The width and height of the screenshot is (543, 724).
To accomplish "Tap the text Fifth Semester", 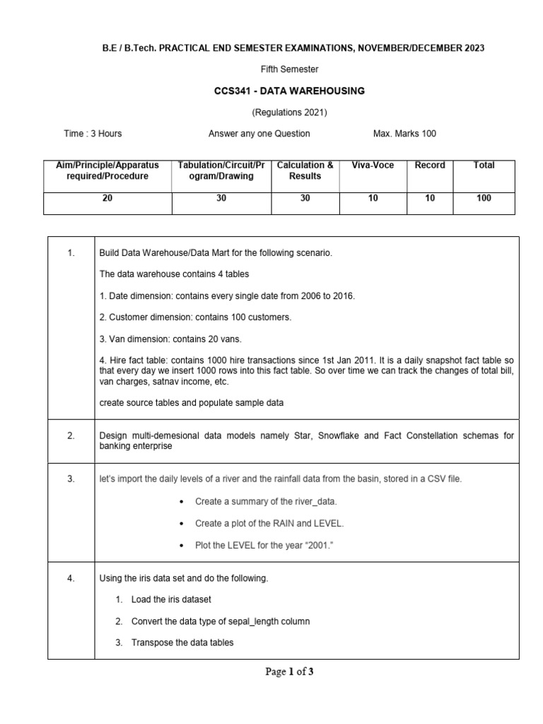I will tap(290, 69).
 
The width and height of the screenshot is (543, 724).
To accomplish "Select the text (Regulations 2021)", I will tap(290, 112).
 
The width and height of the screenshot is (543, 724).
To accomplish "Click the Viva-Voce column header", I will tap(373, 165).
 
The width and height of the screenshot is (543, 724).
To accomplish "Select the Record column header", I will tap(430, 165).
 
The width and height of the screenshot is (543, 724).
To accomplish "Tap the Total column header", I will tap(484, 165).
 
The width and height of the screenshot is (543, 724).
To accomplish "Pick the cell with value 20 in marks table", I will tap(107, 199).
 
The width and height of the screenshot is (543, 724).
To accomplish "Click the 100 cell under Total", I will tap(484, 199).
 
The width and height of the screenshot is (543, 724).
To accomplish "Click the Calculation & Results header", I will tap(305, 170).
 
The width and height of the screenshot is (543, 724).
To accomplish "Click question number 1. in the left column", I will tap(71, 252).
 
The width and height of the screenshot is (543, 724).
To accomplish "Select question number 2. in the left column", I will tap(71, 436).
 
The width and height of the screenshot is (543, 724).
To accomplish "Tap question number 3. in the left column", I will tap(71, 479).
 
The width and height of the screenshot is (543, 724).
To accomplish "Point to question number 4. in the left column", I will tap(71, 578).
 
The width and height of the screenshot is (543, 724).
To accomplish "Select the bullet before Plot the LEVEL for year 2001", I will tap(182, 544).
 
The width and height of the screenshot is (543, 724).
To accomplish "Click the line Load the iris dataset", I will tap(171, 600).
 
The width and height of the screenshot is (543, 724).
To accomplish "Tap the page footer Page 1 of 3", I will tap(289, 672).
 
